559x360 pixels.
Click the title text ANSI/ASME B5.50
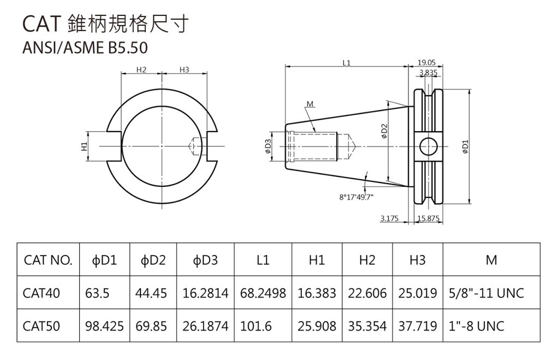(x=85, y=49)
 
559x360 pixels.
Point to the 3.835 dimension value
(x=428, y=72)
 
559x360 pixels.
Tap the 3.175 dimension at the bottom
(x=390, y=219)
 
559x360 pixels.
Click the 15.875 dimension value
(x=429, y=219)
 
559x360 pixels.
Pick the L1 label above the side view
(x=347, y=63)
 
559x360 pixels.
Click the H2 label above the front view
(x=141, y=69)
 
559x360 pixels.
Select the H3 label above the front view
(x=184, y=69)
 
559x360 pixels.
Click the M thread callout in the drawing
(x=310, y=104)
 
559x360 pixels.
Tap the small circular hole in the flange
(x=429, y=146)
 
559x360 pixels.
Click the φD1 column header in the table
(x=105, y=261)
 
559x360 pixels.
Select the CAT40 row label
(x=41, y=293)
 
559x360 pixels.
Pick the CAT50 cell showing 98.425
(x=105, y=326)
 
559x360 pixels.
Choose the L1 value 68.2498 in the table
(x=263, y=293)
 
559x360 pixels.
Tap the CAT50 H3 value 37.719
(x=418, y=326)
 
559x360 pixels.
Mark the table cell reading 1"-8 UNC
(x=475, y=326)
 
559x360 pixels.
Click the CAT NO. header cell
(x=48, y=261)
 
